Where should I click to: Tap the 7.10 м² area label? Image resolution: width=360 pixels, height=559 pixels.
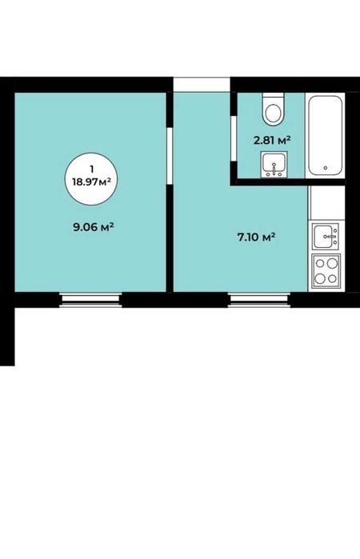click(256, 237)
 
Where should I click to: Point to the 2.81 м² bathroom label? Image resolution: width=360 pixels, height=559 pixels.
click(272, 140)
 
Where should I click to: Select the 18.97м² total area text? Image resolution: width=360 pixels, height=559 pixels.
click(91, 182)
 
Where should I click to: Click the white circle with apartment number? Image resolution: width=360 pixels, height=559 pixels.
click(91, 178)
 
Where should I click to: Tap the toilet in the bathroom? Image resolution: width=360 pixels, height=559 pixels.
click(274, 109)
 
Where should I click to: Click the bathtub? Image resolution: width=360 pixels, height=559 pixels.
click(326, 135)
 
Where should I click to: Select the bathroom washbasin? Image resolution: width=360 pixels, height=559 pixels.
click(274, 165)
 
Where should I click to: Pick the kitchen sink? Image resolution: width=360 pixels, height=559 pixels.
click(326, 236)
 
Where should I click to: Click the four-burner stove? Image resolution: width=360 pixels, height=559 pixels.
click(326, 271)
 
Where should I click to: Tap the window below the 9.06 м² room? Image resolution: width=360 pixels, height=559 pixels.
click(90, 300)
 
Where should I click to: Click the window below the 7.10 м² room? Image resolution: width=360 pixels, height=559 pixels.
click(259, 300)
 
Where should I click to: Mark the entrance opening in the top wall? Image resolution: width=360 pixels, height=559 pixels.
click(202, 85)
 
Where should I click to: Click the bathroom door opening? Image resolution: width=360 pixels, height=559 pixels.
click(234, 138)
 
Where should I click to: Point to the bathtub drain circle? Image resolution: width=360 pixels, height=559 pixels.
click(325, 168)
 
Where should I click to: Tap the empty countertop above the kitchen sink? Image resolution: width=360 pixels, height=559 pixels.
click(326, 203)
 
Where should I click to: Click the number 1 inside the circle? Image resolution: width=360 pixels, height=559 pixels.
click(92, 169)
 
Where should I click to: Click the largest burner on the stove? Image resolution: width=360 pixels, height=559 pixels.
click(332, 263)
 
